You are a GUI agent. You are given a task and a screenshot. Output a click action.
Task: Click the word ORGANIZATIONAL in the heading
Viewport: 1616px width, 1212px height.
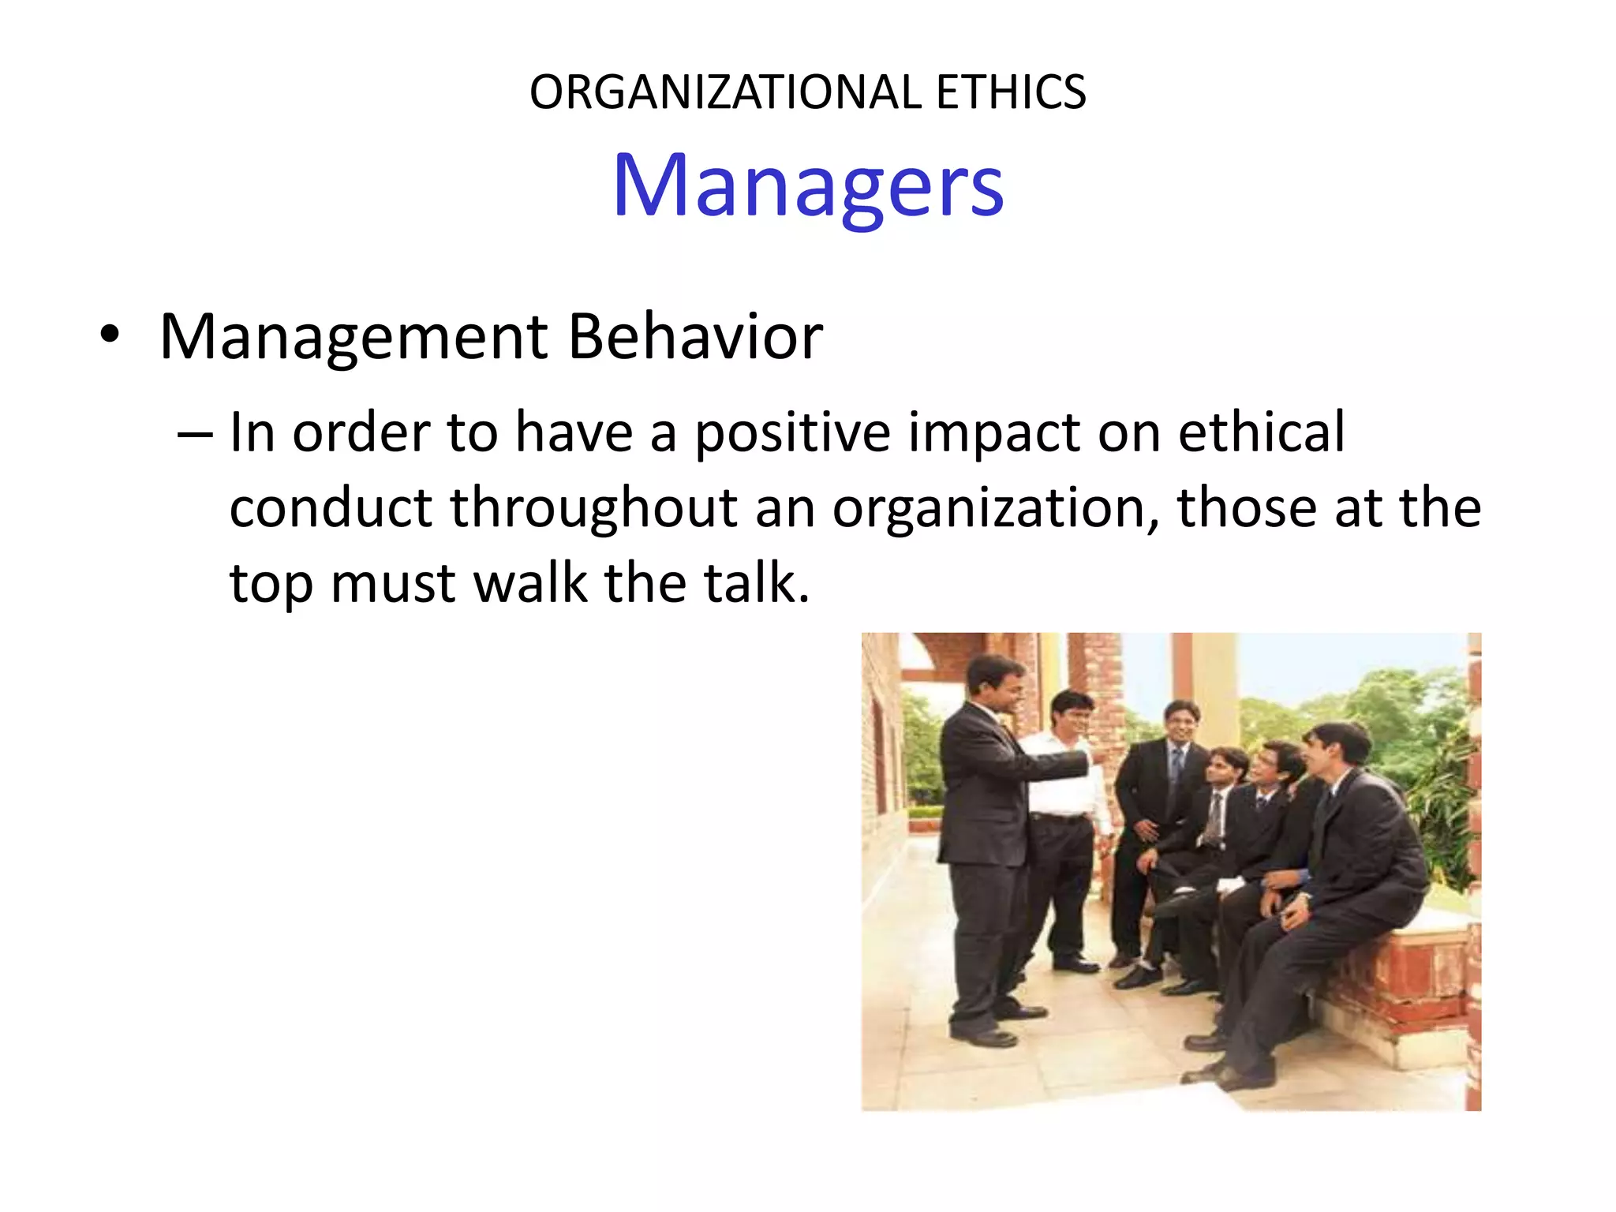(x=725, y=92)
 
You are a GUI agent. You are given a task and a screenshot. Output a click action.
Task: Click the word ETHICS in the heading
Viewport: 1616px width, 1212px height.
(x=1011, y=92)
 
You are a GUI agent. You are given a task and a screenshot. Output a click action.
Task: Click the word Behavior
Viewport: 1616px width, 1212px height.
(x=695, y=337)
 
